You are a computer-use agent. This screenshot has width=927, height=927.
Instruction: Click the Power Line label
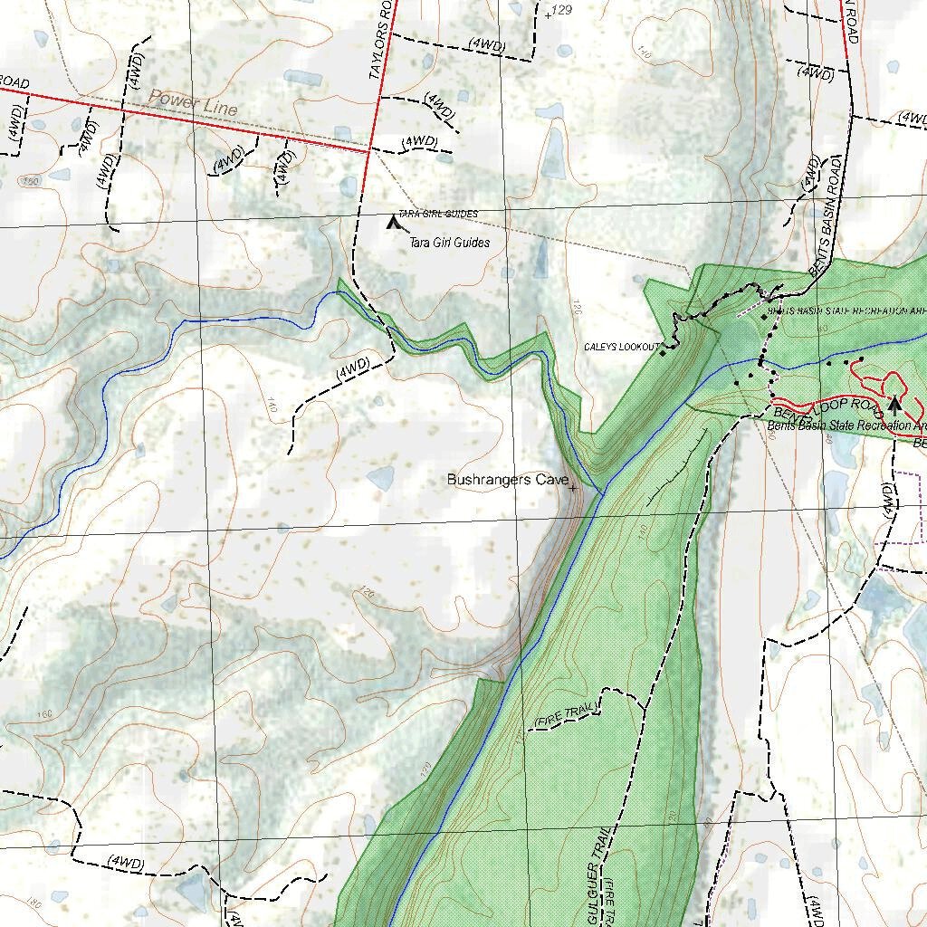(193, 102)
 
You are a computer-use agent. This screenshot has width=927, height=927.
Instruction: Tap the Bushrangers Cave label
(507, 480)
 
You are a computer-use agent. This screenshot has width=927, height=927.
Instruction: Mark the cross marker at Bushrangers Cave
(573, 488)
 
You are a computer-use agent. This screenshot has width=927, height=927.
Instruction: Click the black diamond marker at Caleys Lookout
(663, 353)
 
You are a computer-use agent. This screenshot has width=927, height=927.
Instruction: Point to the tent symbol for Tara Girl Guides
(392, 221)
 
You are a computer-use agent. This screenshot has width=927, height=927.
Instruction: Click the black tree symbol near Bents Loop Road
(894, 405)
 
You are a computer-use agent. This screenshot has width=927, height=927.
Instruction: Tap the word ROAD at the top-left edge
(14, 83)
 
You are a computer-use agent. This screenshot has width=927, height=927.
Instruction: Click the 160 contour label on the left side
(45, 715)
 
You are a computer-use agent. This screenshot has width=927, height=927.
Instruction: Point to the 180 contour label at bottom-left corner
(34, 903)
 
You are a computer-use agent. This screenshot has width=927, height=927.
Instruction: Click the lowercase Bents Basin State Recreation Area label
(846, 425)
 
